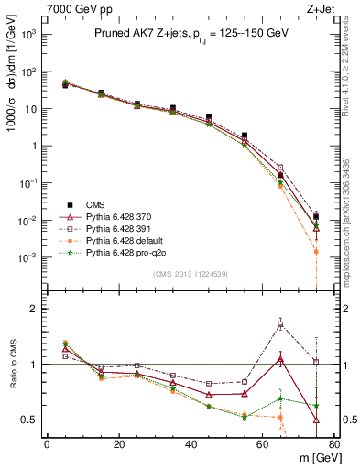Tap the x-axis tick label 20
click(118, 444)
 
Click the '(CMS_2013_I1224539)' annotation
click(190, 274)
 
